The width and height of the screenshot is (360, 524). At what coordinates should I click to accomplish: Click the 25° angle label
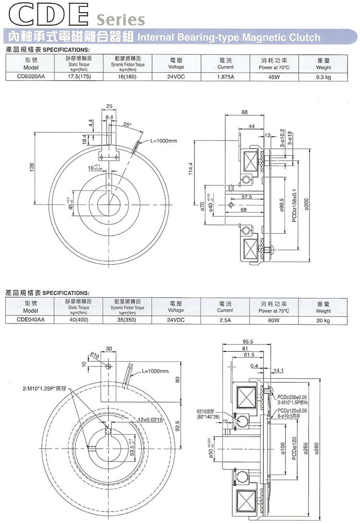tap(127, 124)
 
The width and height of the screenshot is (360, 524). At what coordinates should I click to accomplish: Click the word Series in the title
tap(120, 20)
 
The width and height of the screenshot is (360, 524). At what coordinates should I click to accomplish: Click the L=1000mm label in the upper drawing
tap(164, 141)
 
